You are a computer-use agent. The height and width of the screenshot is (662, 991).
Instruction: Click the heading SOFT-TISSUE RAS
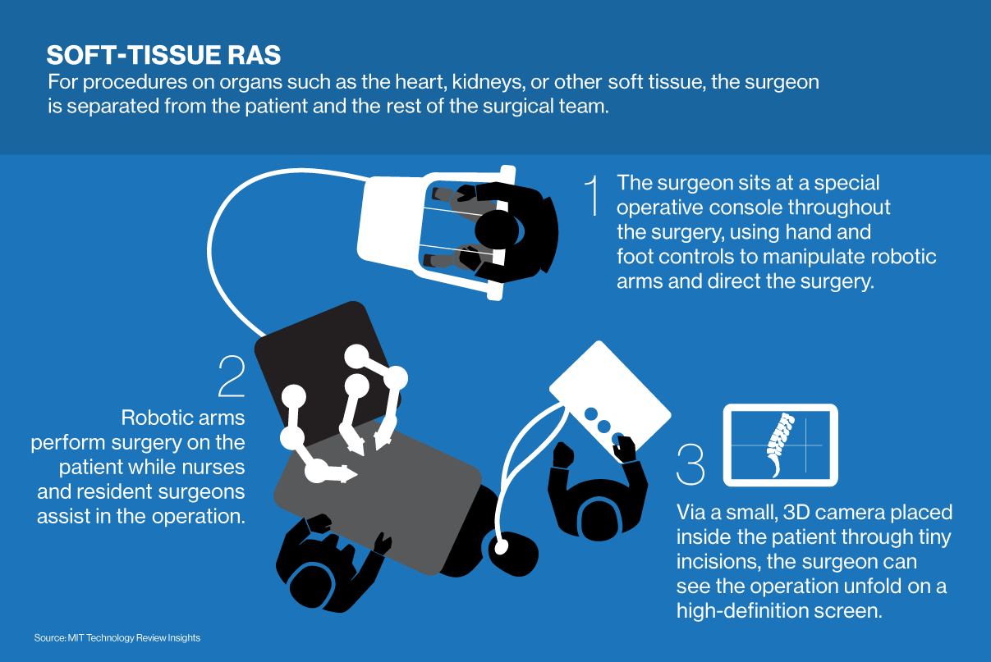click(x=163, y=55)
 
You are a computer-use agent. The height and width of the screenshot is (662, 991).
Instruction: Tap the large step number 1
click(x=592, y=195)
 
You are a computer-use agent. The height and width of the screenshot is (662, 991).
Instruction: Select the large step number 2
click(x=232, y=376)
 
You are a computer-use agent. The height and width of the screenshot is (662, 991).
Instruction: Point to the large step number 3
click(x=690, y=464)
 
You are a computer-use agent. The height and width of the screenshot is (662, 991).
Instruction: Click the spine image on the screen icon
click(x=780, y=445)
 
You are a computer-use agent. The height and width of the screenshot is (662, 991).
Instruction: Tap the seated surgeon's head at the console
click(x=498, y=231)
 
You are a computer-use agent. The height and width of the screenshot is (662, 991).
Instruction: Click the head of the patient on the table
click(x=513, y=555)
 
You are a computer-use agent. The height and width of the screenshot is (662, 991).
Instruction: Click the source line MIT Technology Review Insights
click(x=117, y=637)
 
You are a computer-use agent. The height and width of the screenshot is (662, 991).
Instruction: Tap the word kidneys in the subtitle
click(x=488, y=82)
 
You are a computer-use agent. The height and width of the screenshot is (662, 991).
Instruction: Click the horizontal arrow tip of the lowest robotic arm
click(x=351, y=474)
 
